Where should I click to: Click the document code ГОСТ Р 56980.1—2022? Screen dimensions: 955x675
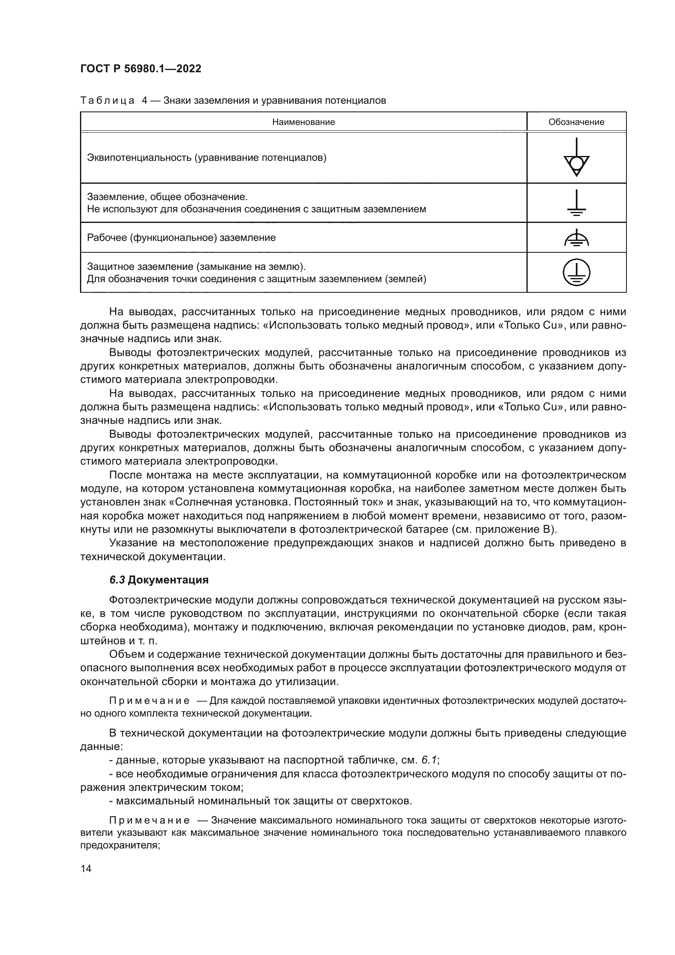tap(140, 69)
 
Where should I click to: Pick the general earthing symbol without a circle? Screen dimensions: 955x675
tap(576, 203)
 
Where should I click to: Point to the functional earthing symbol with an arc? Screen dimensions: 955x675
tap(576, 238)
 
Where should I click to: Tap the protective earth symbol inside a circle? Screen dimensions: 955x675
tap(576, 272)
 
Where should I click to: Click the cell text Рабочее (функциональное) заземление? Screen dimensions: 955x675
tap(181, 238)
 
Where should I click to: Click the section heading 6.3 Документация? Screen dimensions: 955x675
tap(159, 580)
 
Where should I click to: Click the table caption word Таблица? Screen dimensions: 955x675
tap(107, 101)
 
